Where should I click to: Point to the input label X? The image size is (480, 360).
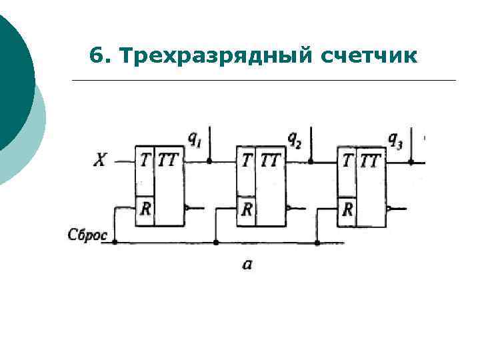[x=99, y=161]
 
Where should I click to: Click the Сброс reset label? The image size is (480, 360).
[x=87, y=235]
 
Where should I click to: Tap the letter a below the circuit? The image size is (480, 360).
[x=247, y=265]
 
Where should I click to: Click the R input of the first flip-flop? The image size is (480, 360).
[x=145, y=209]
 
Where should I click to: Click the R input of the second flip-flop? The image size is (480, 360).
[x=247, y=209]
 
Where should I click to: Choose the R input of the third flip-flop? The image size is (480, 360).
[x=347, y=209]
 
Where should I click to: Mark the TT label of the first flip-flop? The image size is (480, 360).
[x=169, y=160]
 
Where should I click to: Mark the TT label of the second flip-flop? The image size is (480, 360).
[x=270, y=160]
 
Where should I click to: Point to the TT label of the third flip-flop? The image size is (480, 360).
[x=371, y=160]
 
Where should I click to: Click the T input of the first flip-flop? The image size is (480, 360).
[x=145, y=160]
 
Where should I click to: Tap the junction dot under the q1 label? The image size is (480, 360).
[x=209, y=161]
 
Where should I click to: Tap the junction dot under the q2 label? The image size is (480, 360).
[x=311, y=161]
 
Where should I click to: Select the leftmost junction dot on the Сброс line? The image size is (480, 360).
[x=115, y=242]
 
